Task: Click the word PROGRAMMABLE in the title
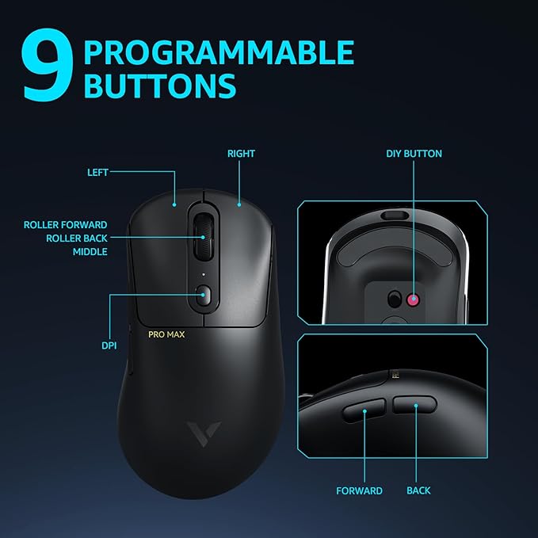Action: (219, 52)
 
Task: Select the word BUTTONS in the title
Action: (159, 86)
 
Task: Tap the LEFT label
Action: (97, 172)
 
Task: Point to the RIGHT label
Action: (241, 153)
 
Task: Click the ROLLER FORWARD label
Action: (65, 225)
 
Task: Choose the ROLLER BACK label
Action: (76, 238)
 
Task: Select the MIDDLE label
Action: (90, 251)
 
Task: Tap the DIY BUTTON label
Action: (414, 153)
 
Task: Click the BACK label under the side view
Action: (418, 490)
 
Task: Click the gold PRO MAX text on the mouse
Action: (167, 334)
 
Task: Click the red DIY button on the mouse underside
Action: (413, 299)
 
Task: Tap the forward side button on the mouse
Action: (364, 412)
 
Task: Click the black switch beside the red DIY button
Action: (394, 299)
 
